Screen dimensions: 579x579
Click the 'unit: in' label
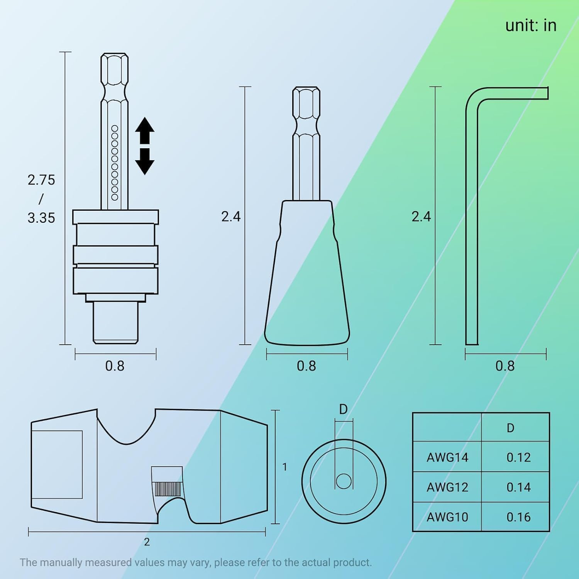[x=531, y=25]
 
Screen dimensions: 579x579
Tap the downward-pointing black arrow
[x=145, y=161]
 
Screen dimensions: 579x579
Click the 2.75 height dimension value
[x=41, y=180]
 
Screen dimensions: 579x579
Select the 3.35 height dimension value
[x=41, y=218]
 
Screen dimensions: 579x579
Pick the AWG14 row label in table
[x=447, y=457]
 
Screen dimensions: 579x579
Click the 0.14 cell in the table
[x=518, y=488]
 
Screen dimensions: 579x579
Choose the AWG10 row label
[x=447, y=517]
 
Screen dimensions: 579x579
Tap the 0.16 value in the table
[x=518, y=517]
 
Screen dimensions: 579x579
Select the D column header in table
[x=510, y=428]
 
